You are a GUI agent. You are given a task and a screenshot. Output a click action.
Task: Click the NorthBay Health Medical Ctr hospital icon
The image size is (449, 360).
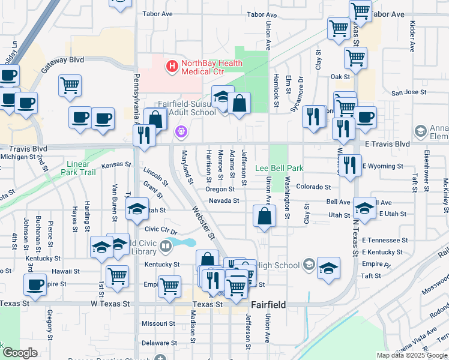[x=172, y=66]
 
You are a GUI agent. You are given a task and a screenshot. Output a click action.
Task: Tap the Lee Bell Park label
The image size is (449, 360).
[x=280, y=169]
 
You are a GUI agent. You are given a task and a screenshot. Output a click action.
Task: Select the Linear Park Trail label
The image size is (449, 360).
[x=78, y=168]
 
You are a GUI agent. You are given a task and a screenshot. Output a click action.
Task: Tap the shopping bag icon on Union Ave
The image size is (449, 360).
[x=264, y=217]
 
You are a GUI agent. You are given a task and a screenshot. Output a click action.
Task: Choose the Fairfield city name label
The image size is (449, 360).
[x=268, y=305]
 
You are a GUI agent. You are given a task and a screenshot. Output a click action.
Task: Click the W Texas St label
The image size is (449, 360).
[x=110, y=304]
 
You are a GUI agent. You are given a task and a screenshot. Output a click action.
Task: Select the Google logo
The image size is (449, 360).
[x=20, y=352]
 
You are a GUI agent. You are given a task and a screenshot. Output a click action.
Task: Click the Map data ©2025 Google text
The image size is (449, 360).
[x=412, y=355]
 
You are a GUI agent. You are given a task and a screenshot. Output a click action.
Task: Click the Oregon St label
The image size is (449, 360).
[x=220, y=189]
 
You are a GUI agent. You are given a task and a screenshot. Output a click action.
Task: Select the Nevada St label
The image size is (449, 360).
[x=224, y=201]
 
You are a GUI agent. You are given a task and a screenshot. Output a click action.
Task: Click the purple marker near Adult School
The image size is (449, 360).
[x=180, y=131]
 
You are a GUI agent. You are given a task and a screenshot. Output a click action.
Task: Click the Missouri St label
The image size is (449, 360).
[x=158, y=323]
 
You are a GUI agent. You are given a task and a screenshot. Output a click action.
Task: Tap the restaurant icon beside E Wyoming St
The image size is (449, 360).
[x=351, y=164]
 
